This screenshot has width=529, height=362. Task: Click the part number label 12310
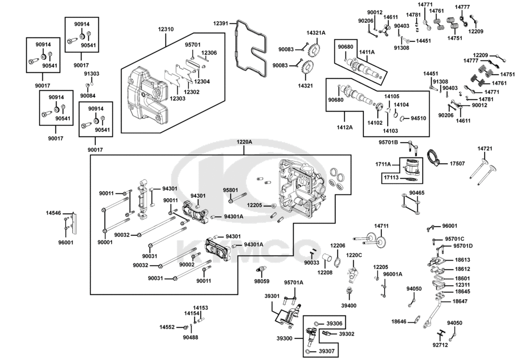166,29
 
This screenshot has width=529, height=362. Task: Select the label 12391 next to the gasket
221,23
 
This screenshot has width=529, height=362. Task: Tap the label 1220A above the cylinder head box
244,142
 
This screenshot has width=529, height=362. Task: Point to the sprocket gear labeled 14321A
314,50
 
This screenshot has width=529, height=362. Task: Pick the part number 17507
457,163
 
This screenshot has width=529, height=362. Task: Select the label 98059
262,281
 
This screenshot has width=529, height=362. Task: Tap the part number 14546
53,213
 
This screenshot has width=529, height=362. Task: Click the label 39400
349,305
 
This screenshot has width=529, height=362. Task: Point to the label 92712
440,345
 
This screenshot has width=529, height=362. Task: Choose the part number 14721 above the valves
485,148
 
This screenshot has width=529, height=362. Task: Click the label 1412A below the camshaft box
344,127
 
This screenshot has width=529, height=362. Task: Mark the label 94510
418,118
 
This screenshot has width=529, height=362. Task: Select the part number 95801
231,190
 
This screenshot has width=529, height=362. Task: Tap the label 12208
325,272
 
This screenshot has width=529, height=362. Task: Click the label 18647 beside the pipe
460,301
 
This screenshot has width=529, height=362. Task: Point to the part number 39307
326,351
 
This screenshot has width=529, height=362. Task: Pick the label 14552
167,327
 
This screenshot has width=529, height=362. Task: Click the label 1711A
383,164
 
